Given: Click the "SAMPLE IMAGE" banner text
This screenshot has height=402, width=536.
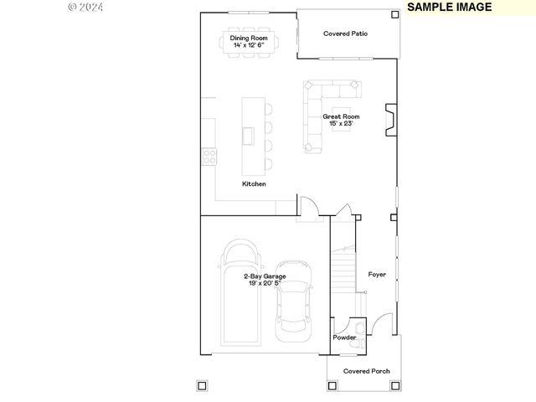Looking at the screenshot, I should coord(450,7).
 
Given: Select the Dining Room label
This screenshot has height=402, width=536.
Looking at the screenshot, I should coord(249,38).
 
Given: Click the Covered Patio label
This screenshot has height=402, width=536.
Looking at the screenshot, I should coord(346,33).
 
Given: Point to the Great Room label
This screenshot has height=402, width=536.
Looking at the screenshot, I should coord(342,116).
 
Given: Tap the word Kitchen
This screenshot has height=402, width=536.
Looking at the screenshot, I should coord(254,183).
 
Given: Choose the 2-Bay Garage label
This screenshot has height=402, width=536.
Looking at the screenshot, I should coord(265,276).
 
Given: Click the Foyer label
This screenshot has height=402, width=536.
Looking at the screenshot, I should coord(377,274).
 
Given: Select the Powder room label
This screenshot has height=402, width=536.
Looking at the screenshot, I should coord(344,338).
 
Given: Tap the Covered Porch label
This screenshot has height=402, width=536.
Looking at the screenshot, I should coord(366,371).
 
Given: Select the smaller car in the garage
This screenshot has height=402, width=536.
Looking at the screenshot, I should coord(294,300).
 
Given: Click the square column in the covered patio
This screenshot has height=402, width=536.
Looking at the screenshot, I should coord(395,14).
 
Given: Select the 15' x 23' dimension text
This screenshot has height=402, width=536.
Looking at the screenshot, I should coord(342,124).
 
